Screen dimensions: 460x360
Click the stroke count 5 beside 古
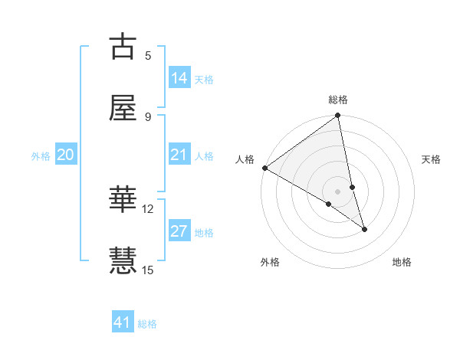[x=148, y=55]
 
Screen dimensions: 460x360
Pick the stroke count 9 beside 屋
[x=148, y=116]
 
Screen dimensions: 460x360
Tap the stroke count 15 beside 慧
[x=148, y=270]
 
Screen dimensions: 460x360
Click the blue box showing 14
[x=179, y=78]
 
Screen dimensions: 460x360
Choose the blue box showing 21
[x=179, y=155]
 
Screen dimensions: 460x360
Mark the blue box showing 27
[x=179, y=231]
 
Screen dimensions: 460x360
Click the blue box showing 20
[x=66, y=155]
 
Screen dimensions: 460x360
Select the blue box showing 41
[x=123, y=322]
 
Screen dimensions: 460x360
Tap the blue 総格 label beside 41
[x=147, y=324]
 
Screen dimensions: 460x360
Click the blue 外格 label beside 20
[x=41, y=156]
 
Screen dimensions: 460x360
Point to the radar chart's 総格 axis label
[x=338, y=100]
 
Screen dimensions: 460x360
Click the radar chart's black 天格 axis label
[x=431, y=159]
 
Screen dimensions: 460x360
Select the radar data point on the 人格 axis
[x=264, y=168]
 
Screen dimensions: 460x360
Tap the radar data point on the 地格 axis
[x=364, y=229]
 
